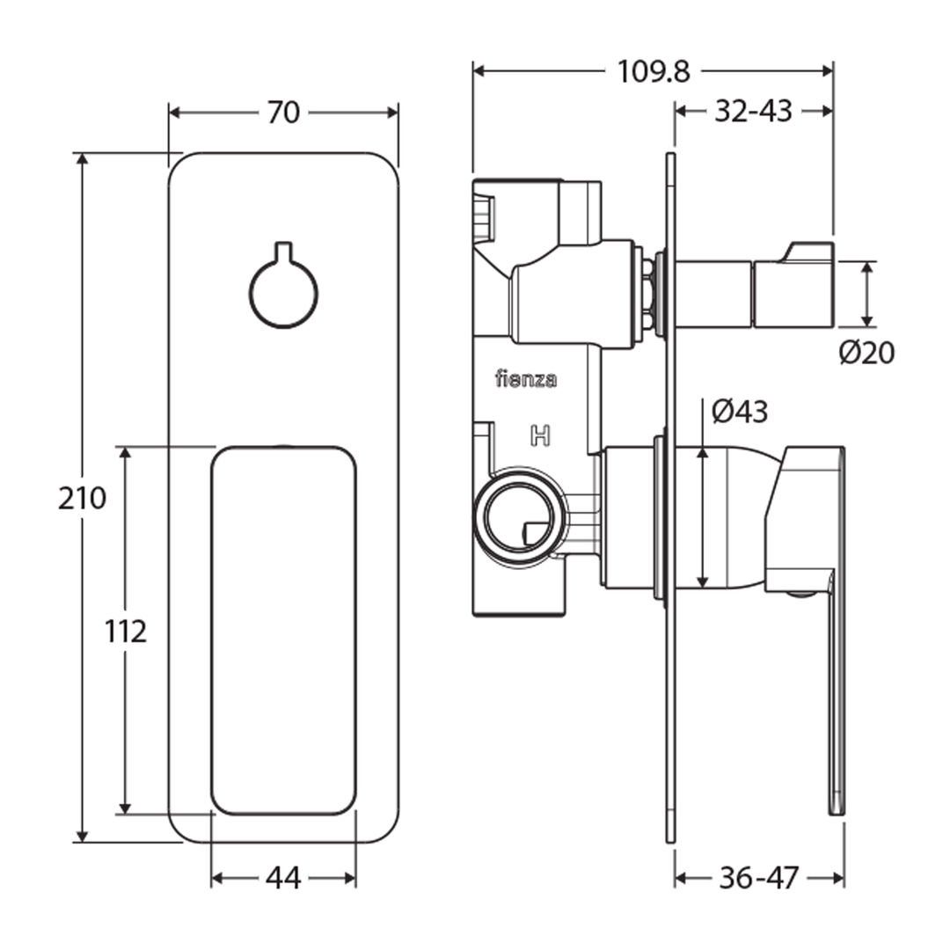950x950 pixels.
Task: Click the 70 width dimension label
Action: point(283,113)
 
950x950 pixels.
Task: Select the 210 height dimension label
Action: point(82,498)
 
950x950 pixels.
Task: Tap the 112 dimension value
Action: point(125,631)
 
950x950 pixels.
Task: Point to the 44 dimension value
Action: point(283,878)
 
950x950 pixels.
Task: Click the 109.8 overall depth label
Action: point(653,70)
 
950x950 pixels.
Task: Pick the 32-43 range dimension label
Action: point(753,111)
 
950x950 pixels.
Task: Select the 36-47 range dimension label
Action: point(758,878)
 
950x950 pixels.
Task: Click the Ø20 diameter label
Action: point(866,353)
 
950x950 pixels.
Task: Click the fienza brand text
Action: point(526,380)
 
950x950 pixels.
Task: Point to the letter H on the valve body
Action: point(540,435)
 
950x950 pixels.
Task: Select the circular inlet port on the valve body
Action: point(516,515)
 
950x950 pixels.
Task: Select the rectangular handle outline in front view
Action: point(283,630)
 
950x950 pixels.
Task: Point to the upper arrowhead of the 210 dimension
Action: point(82,159)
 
